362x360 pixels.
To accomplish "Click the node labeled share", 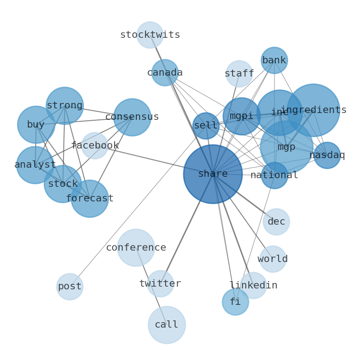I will coord(212,174).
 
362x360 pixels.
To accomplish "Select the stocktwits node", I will coord(150,35).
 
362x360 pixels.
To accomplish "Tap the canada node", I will coord(165,72).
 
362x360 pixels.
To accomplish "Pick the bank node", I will coord(274,60).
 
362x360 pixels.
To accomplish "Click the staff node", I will coord(239,73).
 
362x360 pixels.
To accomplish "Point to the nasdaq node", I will coord(327,155).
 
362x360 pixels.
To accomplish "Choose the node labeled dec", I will coord(276,221).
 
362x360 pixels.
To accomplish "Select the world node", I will coord(273,259).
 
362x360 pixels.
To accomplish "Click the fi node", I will coord(235,302).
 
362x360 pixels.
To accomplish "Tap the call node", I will coord(166,324).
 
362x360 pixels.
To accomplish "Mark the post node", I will coord(70,286).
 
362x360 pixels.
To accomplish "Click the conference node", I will coord(136,247).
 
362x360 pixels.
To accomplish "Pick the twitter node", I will coord(160,283).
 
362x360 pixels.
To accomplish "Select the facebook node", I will coord(94,145).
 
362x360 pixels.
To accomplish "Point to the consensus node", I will coord(132,117).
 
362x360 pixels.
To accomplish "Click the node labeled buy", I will coord(36,124).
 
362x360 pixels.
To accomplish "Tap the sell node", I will coord(206,126).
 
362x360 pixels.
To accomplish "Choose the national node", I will coord(274,175).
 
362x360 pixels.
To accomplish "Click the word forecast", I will coord(89,199).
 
